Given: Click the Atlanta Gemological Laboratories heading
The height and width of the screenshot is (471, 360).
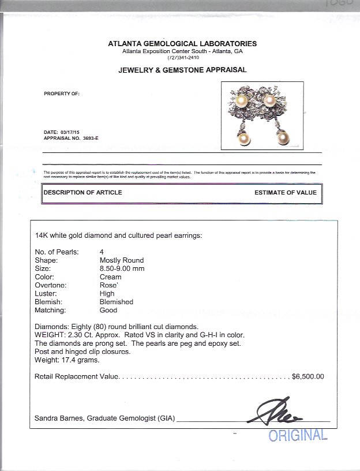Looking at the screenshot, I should tap(182, 44).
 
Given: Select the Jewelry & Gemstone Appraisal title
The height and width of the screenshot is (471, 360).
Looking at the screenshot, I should tap(182, 70).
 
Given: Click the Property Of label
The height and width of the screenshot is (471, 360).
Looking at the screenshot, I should tap(62, 93).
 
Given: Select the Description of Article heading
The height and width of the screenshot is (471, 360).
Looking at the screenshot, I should tap(83, 192).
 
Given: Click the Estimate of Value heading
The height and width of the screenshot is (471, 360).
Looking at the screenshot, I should tap(285, 192).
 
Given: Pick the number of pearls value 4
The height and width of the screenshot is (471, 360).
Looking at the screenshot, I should tap(102, 252).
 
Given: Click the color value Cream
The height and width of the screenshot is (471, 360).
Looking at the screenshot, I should tap(110, 277).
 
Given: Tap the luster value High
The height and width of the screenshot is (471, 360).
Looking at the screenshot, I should tap(107, 293).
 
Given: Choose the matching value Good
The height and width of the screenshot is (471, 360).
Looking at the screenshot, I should tap(108, 310).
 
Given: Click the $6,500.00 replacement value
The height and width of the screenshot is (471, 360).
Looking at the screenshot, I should tap(308, 376).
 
